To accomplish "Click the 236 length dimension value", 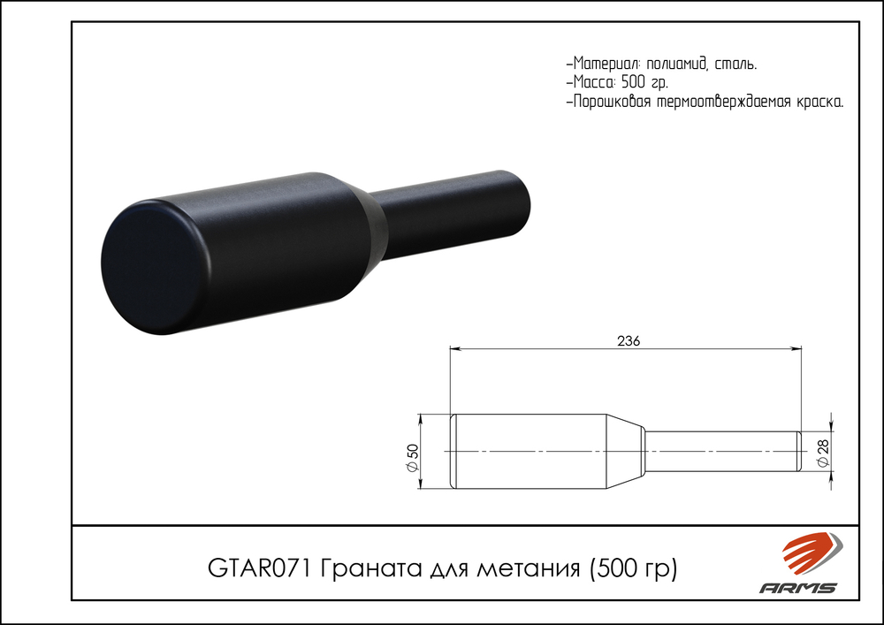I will tap(627, 340).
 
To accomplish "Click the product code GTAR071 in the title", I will tap(260, 567).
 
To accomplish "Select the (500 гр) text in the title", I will tap(632, 567).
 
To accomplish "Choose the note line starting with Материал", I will tap(660, 64).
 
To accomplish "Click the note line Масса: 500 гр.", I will tap(617, 82).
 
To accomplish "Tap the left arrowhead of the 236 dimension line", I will tap(456, 349).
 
